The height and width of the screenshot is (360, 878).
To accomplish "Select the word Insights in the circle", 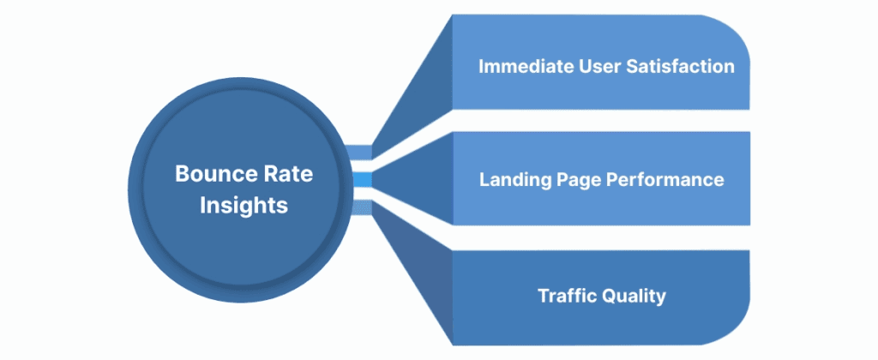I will [x=244, y=206].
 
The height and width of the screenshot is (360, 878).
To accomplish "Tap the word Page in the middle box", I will [x=577, y=180].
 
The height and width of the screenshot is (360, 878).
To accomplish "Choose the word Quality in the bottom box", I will [x=635, y=297].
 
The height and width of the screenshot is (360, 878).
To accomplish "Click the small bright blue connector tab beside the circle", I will [x=363, y=180].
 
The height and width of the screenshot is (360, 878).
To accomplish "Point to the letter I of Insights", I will [x=203, y=206].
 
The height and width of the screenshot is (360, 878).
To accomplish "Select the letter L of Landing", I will [x=484, y=180].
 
